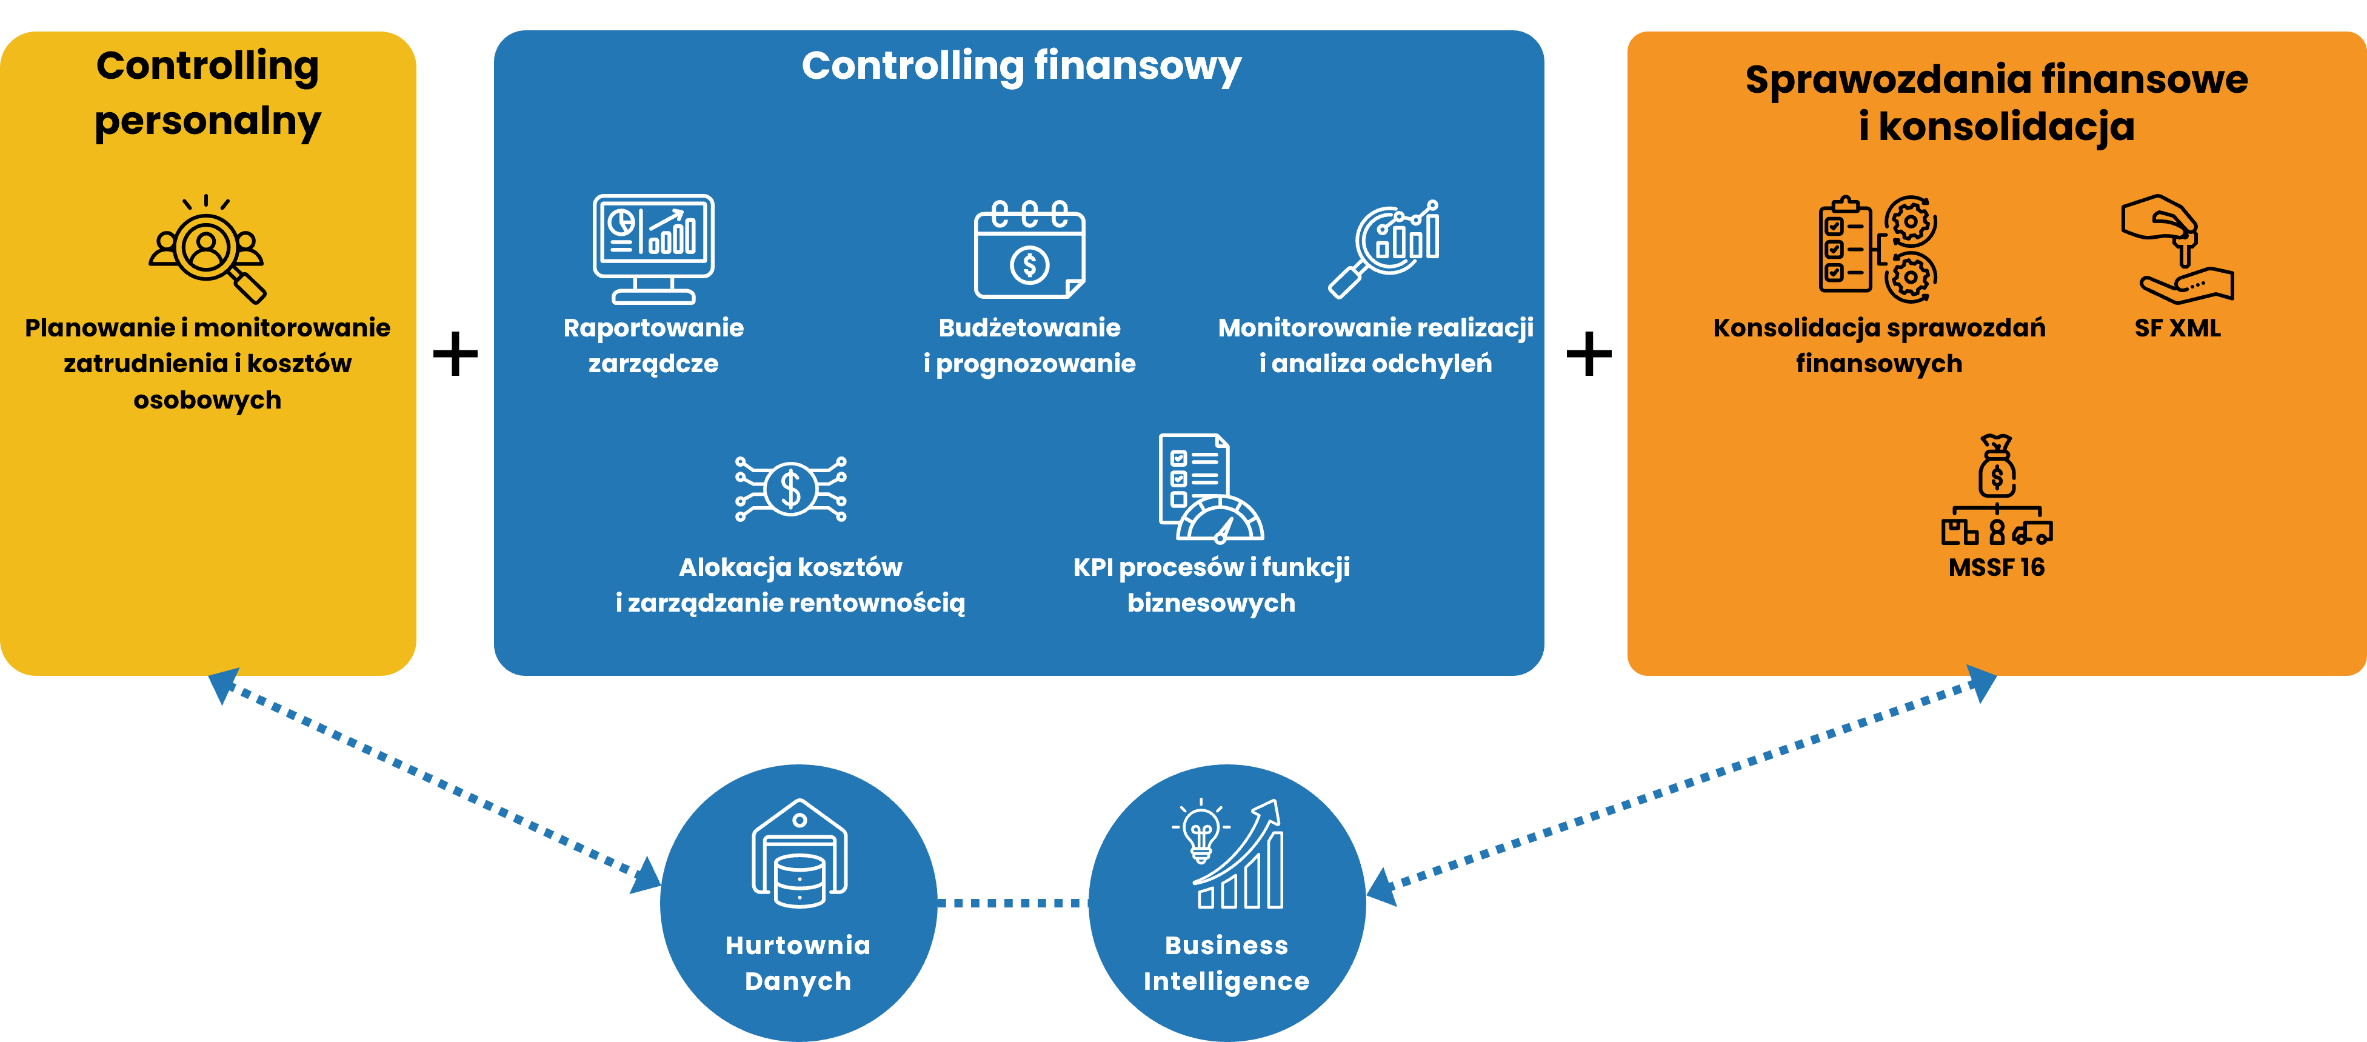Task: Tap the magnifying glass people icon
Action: coord(208,248)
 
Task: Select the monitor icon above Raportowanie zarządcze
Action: coord(653,248)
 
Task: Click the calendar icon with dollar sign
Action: coord(1029,250)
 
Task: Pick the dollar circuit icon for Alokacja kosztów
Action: coord(790,489)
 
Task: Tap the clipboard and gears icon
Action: coord(1877,248)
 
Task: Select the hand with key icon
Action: coord(2178,248)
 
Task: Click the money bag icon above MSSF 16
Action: coord(1997,467)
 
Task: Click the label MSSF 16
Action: coord(1996,567)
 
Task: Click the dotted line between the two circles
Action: coord(1013,903)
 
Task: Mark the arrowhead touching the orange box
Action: coord(1982,684)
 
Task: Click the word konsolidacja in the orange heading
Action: coord(2006,127)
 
